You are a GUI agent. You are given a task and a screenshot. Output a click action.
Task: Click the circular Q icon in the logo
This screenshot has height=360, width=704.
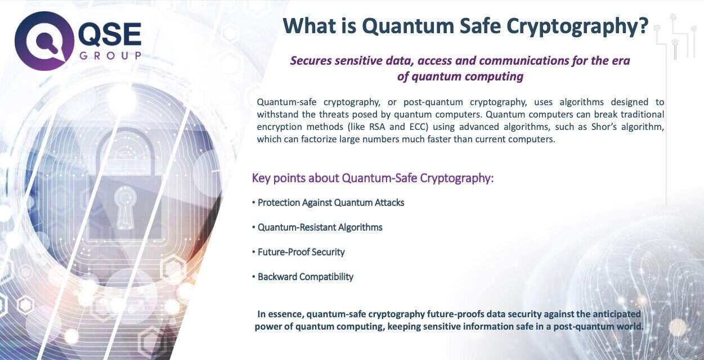click(43, 41)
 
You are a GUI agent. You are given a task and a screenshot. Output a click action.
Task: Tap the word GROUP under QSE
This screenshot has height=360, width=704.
click(110, 56)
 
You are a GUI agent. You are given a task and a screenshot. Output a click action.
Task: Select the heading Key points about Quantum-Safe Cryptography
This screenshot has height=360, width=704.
click(373, 178)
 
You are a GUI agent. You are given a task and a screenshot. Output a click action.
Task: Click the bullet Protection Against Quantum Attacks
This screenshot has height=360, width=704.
click(328, 202)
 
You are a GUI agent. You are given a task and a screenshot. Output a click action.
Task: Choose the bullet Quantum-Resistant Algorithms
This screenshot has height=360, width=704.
click(317, 227)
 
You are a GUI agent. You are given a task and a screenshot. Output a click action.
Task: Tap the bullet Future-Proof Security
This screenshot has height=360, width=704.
click(298, 252)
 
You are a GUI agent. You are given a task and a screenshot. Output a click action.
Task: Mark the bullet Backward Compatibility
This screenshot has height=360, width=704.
click(303, 277)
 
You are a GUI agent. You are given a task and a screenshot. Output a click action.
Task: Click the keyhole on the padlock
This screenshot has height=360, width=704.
click(125, 208)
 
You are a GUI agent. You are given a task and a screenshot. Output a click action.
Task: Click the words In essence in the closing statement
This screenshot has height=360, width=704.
click(280, 314)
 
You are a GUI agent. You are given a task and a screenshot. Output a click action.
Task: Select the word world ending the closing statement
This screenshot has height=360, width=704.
click(630, 326)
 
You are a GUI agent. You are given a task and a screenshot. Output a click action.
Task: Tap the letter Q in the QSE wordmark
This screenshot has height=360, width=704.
click(91, 35)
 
